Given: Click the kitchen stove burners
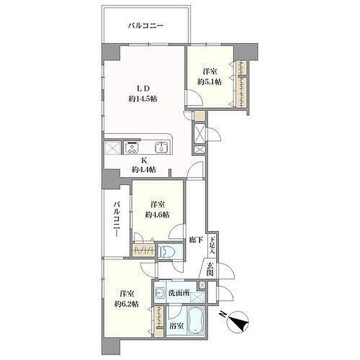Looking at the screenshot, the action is tap(132, 148).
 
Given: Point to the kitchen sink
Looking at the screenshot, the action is tap(161, 148).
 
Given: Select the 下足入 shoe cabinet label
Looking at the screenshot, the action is tap(211, 245).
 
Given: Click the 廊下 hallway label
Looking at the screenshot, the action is tap(196, 240).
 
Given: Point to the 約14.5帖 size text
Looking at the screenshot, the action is tap(143, 99).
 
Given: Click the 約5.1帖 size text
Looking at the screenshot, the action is tap(209, 82).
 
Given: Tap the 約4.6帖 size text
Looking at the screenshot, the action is tap(157, 215).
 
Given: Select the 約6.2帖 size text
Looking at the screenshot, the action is tap(127, 304).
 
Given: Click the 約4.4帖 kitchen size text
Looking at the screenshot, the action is tap(144, 170).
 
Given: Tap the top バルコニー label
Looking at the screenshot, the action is tap(146, 25).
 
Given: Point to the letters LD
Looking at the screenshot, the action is tap(143, 88).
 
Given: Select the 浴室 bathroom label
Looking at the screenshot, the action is tap(176, 325).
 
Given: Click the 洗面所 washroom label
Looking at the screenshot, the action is tap(179, 293).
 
